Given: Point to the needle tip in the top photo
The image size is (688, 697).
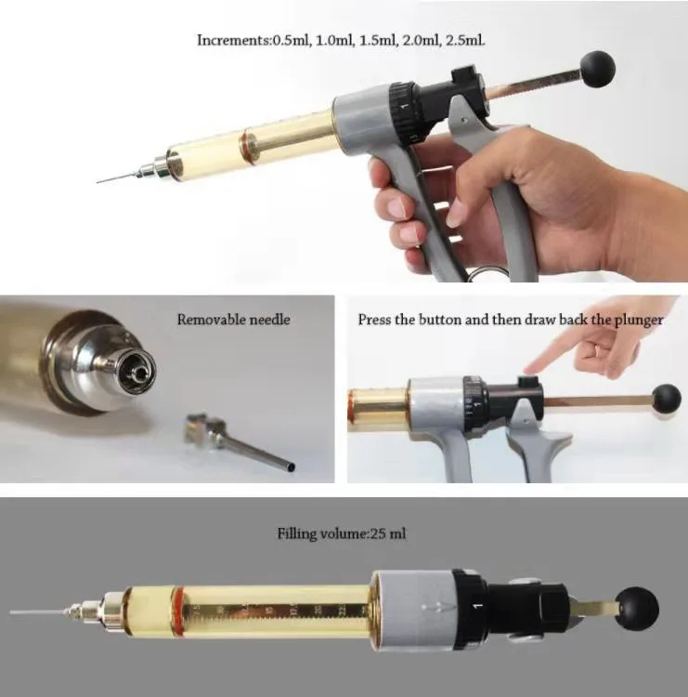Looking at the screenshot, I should click(100, 180).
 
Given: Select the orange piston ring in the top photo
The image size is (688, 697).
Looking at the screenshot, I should click(247, 146).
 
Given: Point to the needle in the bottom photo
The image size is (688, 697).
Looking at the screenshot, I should click(37, 613).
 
